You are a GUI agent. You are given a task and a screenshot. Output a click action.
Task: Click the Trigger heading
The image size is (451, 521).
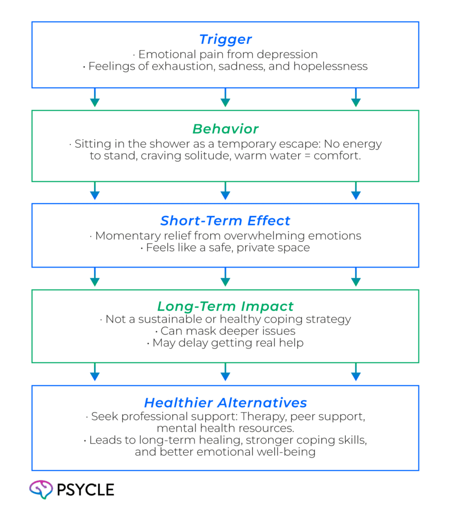tap(225, 40)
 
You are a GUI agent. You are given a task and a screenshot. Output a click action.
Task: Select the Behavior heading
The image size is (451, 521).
tap(225, 129)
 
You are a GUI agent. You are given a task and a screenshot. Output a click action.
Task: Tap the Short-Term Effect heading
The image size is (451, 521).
tap(225, 221)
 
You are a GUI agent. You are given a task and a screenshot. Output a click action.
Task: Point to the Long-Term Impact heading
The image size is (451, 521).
tap(225, 306)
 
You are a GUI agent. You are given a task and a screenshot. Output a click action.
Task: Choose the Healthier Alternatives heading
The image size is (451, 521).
tap(225, 403)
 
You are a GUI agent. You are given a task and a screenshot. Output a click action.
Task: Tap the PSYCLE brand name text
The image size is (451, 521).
tap(86, 490)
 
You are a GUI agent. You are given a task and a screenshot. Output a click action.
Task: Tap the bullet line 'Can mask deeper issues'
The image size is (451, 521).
tap(225, 331)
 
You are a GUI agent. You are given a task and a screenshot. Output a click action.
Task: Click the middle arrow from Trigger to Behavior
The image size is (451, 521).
tap(225, 98)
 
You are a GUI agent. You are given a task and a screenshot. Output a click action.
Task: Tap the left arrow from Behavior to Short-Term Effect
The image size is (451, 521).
tap(94, 191)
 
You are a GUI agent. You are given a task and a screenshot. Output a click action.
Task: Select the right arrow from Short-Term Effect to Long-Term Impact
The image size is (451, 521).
tap(356, 277)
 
